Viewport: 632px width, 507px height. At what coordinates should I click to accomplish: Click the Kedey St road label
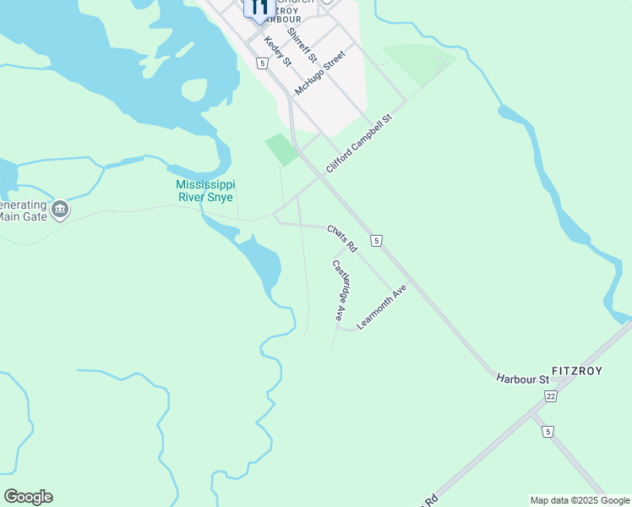[x=277, y=52]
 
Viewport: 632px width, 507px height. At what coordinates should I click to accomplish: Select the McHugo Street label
[x=320, y=73]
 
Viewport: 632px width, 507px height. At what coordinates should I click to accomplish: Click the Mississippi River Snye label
[x=206, y=191]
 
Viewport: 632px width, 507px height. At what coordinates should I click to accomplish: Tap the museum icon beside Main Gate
[x=60, y=209]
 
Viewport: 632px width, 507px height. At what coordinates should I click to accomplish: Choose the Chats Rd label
[x=342, y=238]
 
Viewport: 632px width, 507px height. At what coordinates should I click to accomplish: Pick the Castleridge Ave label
[x=341, y=291]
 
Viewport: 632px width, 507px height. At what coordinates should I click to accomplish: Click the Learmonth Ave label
[x=382, y=306]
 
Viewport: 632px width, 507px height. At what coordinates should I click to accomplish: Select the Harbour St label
[x=522, y=378]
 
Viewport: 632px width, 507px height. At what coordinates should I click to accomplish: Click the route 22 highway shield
[x=551, y=395]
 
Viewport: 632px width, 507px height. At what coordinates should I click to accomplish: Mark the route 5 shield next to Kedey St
[x=263, y=63]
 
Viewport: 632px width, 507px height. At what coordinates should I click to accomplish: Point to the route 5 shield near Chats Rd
[x=377, y=241]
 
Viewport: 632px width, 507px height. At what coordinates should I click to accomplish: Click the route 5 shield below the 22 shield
[x=549, y=432]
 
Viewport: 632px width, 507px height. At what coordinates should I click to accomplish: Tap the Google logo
[x=28, y=497]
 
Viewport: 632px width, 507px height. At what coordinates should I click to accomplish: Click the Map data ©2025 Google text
[x=580, y=500]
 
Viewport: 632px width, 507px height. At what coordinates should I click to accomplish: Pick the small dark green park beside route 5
[x=281, y=149]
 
